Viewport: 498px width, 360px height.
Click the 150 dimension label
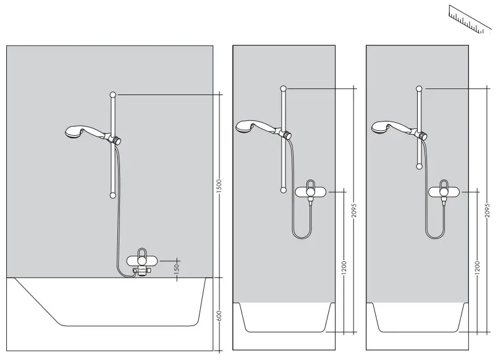(x=177, y=267)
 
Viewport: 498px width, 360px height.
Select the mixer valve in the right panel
(x=445, y=192)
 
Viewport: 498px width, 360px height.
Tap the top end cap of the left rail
(x=112, y=94)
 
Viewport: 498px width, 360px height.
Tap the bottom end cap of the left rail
(x=112, y=195)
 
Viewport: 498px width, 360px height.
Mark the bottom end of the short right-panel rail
(x=420, y=165)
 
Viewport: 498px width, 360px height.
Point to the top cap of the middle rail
(x=284, y=88)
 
